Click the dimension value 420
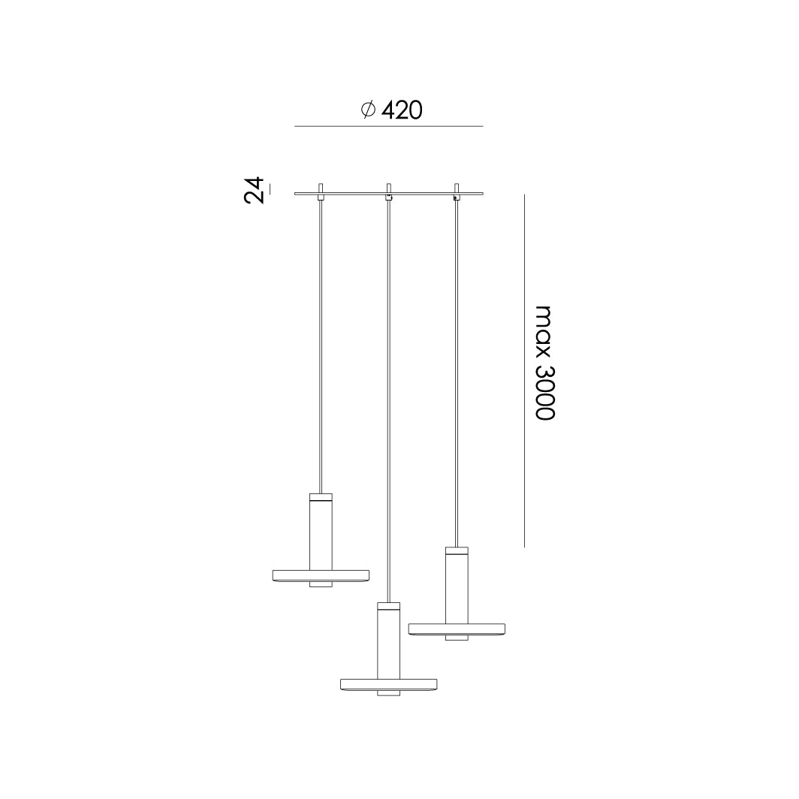[x=402, y=110]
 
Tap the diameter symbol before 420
[x=368, y=110]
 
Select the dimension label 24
[x=255, y=190]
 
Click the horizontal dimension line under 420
[x=389, y=126]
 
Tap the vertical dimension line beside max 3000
[x=524, y=370]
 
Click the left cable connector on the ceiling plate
[x=321, y=191]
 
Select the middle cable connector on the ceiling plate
[x=388, y=191]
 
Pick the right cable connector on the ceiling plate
[x=457, y=191]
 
